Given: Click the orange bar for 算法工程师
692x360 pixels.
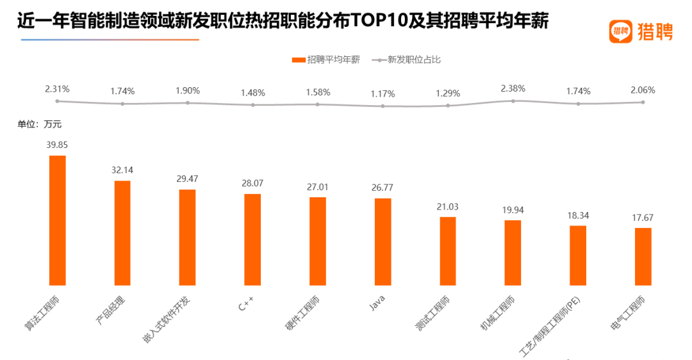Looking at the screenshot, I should click(58, 220).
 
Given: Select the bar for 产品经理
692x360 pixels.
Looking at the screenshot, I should click(122, 233).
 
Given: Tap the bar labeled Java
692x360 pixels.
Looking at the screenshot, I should click(383, 241).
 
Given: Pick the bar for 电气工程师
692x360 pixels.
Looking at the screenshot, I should click(643, 256).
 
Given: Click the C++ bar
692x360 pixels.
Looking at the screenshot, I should click(252, 239).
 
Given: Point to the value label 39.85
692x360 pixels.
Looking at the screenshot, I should click(57, 145).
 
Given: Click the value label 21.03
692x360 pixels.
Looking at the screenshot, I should click(447, 206).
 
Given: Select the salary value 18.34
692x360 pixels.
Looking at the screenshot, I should click(578, 215).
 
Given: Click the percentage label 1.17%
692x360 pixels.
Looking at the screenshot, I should click(383, 95).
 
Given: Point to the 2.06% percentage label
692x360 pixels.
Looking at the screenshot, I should click(643, 90).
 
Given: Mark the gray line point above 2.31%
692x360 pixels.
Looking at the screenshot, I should click(57, 101).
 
